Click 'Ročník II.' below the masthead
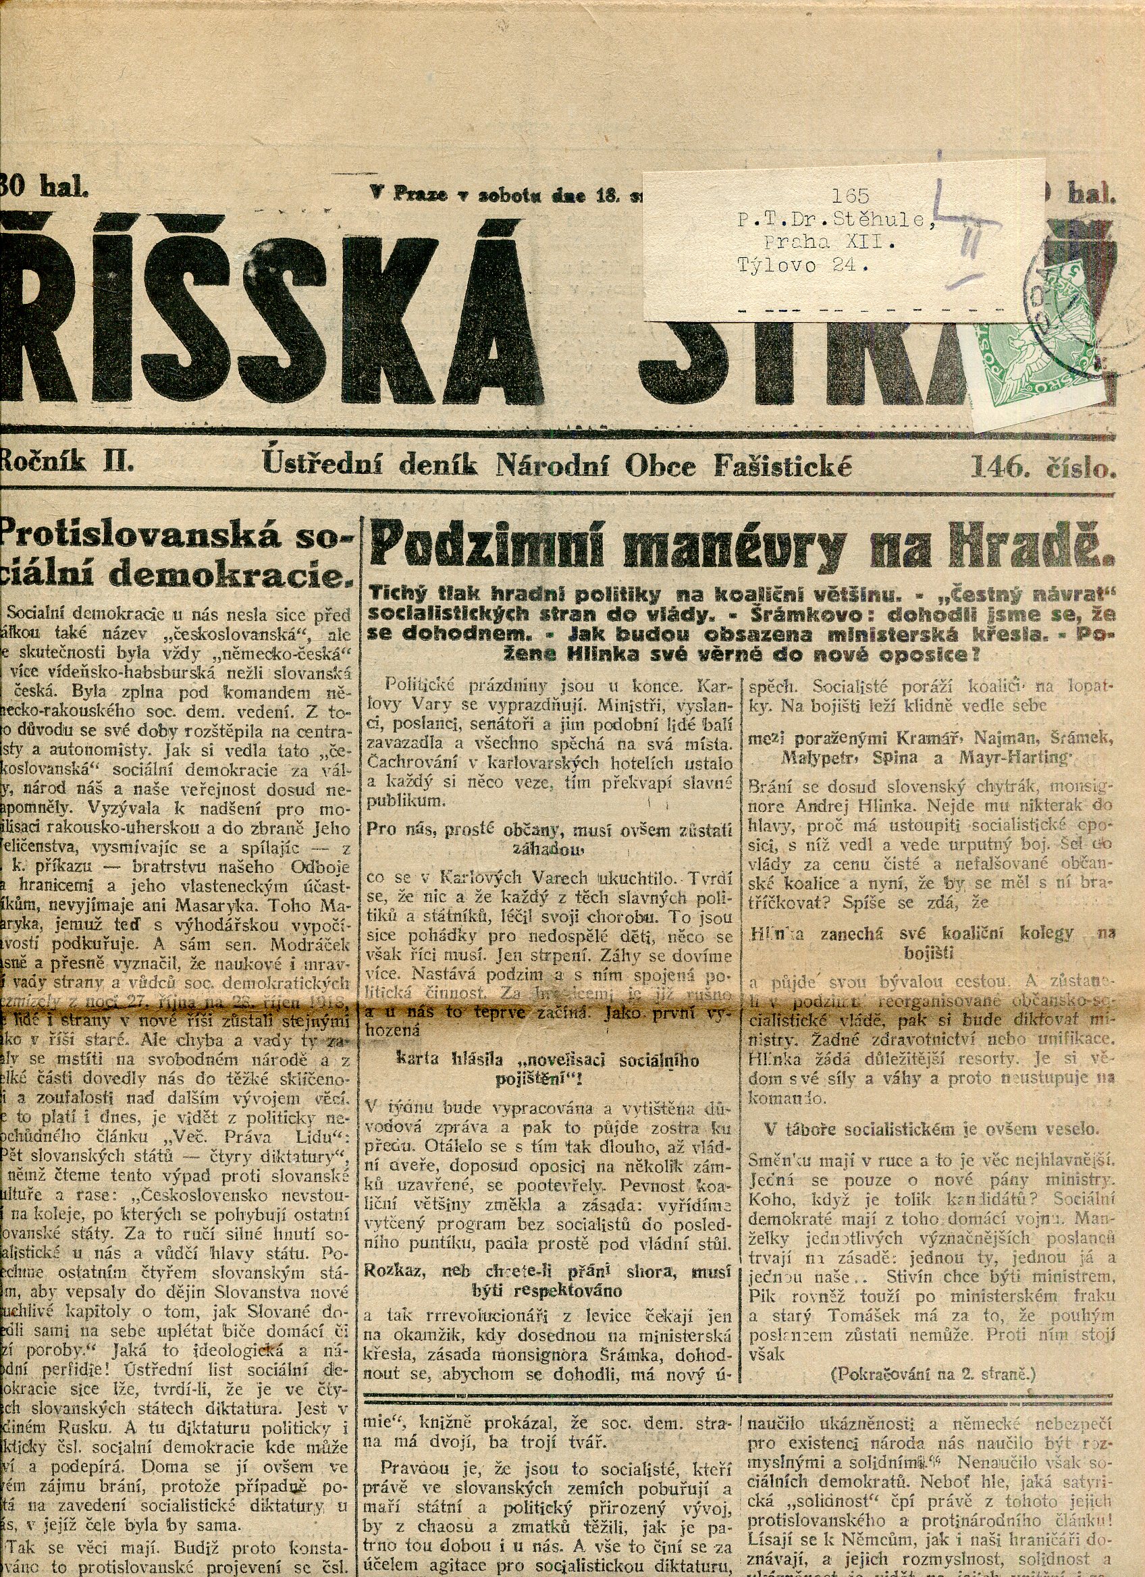(68, 461)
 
